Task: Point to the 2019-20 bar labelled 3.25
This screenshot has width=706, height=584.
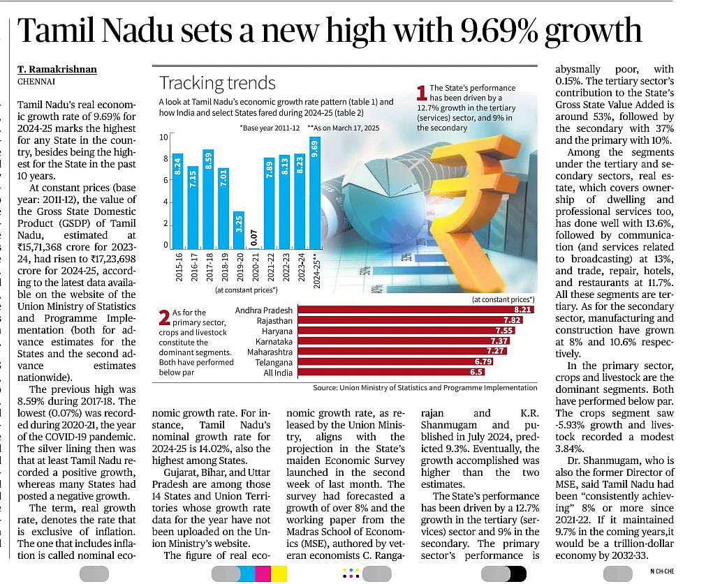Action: [x=238, y=230]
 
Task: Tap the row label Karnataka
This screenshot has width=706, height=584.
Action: [x=274, y=341]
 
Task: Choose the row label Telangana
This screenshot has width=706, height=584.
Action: [x=274, y=362]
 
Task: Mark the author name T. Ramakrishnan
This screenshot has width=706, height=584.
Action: [x=57, y=69]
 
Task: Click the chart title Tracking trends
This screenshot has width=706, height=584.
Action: [x=217, y=83]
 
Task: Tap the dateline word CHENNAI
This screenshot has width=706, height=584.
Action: [x=36, y=81]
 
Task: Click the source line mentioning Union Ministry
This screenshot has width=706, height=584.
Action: [x=425, y=387]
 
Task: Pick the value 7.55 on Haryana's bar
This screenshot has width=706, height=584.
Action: [x=504, y=330]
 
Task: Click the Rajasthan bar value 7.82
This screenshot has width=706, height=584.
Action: [x=513, y=320]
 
